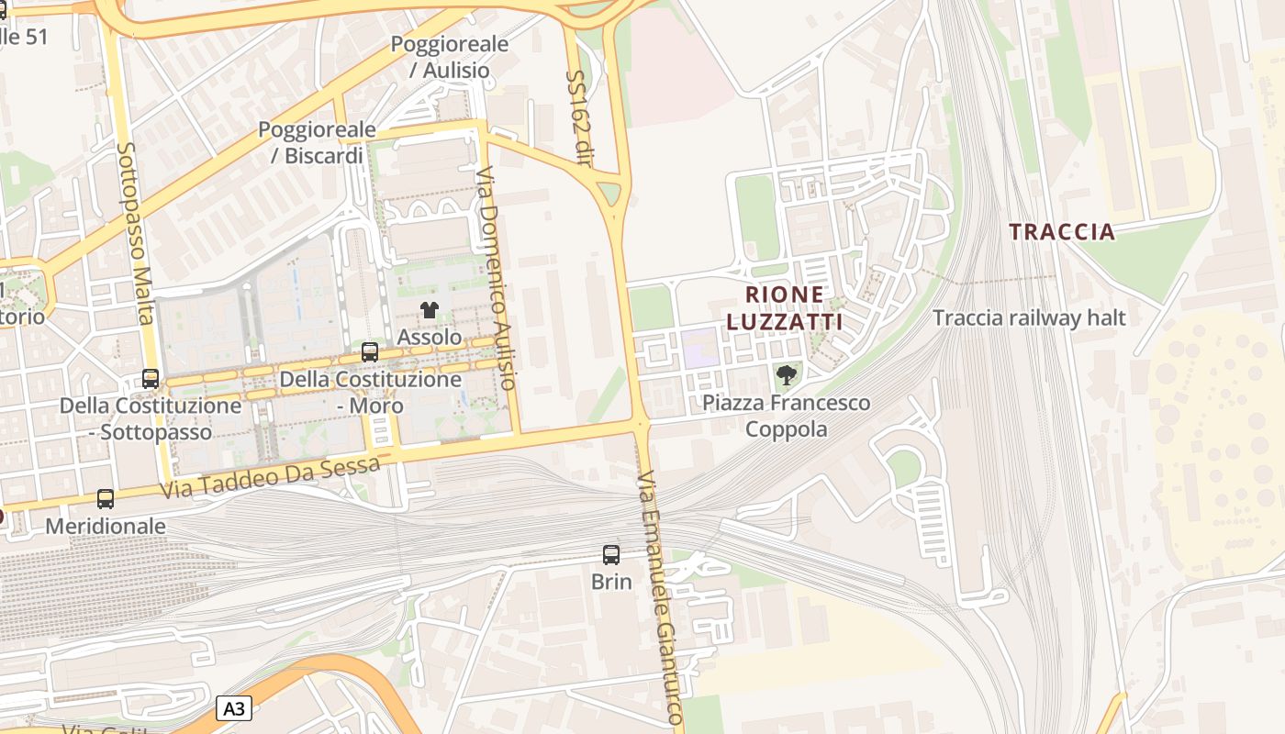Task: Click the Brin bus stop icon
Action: click(611, 554)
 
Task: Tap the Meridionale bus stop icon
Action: click(106, 499)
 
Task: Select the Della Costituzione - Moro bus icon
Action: click(370, 351)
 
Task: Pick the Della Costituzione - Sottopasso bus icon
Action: click(151, 378)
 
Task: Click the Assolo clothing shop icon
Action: click(429, 310)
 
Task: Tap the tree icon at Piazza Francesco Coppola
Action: click(786, 374)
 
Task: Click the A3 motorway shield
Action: click(234, 708)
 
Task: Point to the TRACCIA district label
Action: click(1062, 231)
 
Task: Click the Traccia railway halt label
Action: click(1029, 318)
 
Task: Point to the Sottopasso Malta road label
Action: click(134, 233)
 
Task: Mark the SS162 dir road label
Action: click(577, 118)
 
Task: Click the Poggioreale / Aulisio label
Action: click(450, 57)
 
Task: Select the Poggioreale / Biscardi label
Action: click(317, 142)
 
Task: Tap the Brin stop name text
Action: click(611, 582)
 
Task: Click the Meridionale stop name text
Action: click(106, 527)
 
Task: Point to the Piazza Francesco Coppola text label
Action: click(786, 416)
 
